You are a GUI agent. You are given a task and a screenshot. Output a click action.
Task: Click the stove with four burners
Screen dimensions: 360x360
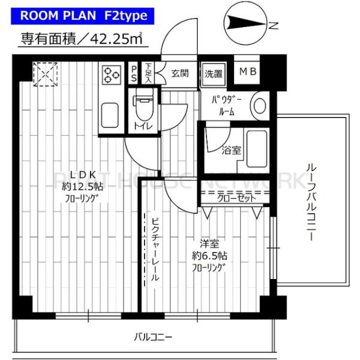pyautogui.click(x=111, y=74)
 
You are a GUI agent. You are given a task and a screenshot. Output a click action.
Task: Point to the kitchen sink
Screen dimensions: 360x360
pyautogui.click(x=111, y=113)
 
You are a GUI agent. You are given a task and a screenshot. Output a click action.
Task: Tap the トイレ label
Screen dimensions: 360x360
pyautogui.click(x=142, y=125)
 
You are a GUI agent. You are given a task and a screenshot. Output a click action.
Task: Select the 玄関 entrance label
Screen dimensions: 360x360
pyautogui.click(x=180, y=73)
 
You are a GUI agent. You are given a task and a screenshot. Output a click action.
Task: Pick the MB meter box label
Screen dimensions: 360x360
pyautogui.click(x=248, y=73)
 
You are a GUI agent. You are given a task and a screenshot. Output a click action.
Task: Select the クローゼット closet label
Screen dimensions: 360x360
pyautogui.click(x=235, y=198)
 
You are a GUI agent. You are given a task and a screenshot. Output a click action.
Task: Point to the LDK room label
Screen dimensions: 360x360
pyautogui.click(x=83, y=175)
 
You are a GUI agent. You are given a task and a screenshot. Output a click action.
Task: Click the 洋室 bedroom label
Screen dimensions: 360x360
pyautogui.click(x=209, y=243)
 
